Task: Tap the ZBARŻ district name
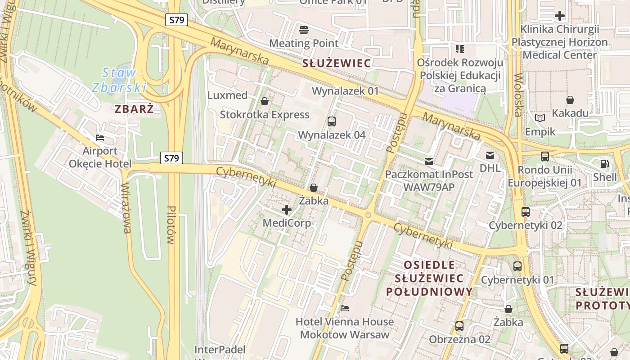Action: (x=134, y=109)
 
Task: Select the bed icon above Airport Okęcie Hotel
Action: (x=100, y=137)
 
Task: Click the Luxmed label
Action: (x=227, y=95)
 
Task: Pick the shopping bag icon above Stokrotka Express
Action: (x=264, y=101)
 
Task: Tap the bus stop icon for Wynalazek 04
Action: (x=332, y=121)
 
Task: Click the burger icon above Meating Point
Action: (x=304, y=30)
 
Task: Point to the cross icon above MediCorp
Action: (x=287, y=209)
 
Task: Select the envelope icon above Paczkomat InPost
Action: (x=429, y=161)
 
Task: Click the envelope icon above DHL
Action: (x=490, y=155)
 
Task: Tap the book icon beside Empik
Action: (x=540, y=118)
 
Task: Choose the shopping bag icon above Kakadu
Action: (x=570, y=100)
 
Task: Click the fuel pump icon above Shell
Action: (x=604, y=164)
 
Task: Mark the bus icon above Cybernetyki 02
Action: (x=525, y=212)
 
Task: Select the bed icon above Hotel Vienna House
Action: (x=345, y=308)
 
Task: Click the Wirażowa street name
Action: (x=126, y=208)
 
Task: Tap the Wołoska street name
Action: (x=517, y=94)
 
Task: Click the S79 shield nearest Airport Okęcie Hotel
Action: (x=171, y=158)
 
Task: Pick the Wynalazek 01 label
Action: (x=346, y=91)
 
